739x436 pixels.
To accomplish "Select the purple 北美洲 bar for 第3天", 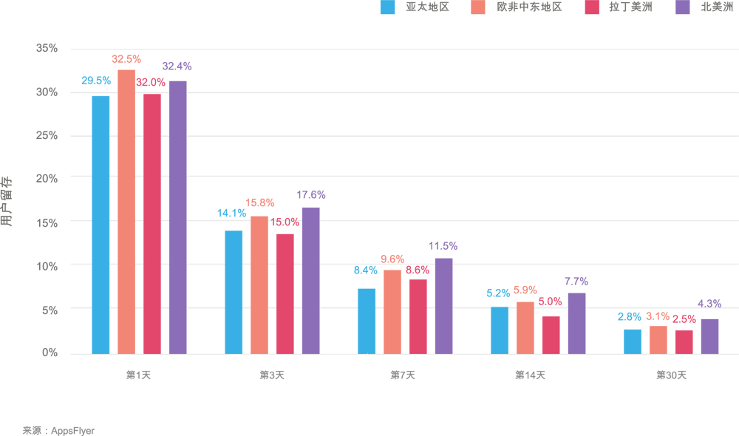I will point(310,280).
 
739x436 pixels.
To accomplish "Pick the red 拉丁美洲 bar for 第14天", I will point(551,335).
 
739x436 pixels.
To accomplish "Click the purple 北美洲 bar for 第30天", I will point(709,336).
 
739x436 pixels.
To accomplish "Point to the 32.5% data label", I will point(126,59).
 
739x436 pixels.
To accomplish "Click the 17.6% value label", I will point(311,195).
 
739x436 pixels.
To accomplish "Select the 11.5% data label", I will point(443,246).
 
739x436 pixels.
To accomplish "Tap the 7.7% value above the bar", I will point(576,282).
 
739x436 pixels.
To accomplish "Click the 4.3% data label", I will point(709,304).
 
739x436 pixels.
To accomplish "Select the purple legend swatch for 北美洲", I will point(684,7).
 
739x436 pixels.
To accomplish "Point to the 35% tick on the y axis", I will point(47,49).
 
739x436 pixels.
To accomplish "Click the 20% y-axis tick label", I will point(47,179).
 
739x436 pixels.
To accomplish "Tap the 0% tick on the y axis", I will point(50,353).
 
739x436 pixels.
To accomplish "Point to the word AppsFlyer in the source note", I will point(73,430).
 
